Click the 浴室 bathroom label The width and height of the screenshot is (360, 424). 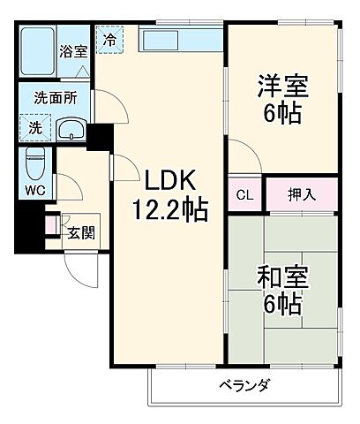73,51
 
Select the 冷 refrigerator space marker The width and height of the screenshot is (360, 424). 109,40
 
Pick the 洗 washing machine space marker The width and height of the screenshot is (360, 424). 34,128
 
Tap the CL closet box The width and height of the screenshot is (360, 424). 244,194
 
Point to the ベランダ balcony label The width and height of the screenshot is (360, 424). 245,385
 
